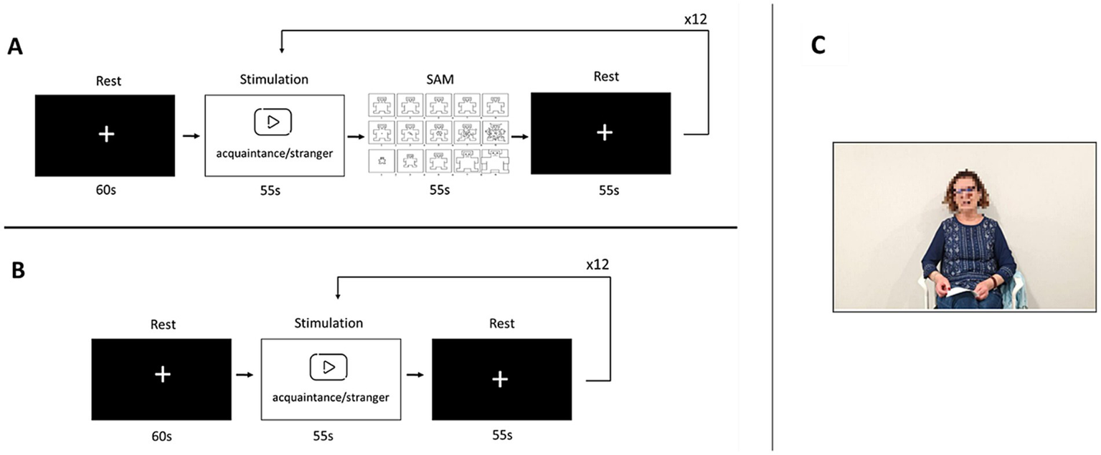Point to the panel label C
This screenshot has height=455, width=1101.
point(818,45)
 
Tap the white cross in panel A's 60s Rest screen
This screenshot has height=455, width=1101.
point(105,135)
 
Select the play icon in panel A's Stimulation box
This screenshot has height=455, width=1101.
point(273,122)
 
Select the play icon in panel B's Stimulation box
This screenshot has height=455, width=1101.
point(329,366)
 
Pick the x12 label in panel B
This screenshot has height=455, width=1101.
point(597,264)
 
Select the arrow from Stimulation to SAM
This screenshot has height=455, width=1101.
point(355,134)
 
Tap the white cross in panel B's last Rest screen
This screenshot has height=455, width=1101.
point(501,380)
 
